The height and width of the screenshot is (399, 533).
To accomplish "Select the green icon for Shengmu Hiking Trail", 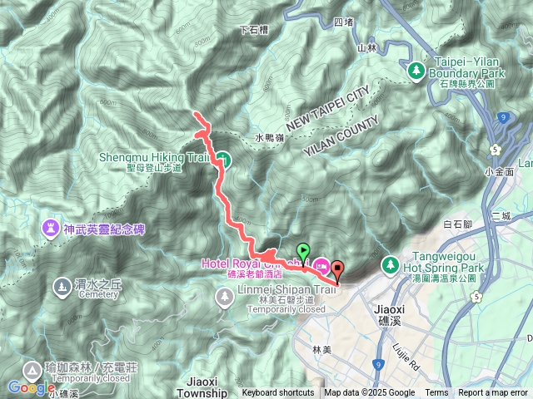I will [x=225, y=158].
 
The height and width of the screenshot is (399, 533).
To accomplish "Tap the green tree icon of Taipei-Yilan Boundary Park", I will [x=416, y=71].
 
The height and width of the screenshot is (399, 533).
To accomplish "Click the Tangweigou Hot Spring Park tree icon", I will [x=388, y=264].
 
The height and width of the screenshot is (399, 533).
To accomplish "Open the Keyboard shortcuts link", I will [x=278, y=393].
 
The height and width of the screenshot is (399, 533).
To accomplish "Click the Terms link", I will [x=436, y=393].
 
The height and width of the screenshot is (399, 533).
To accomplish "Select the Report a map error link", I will [x=493, y=393].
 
